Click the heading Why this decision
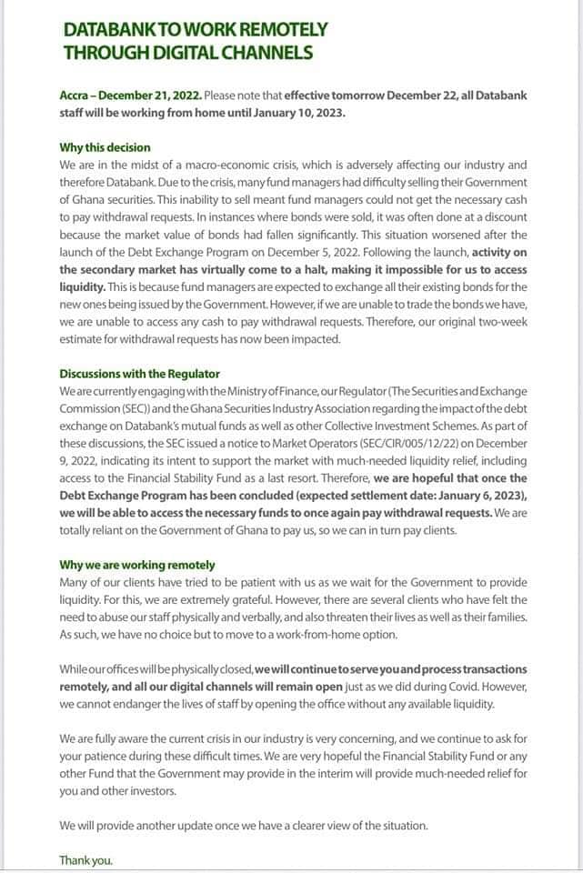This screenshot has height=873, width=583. (106, 147)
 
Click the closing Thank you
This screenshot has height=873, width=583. (86, 859)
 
